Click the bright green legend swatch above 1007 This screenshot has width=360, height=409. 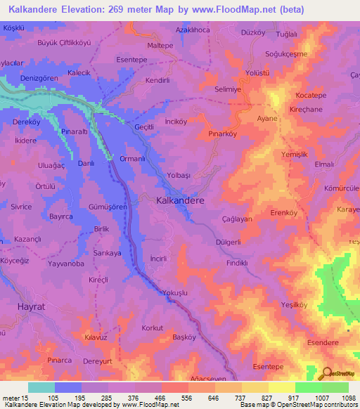(308, 387)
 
